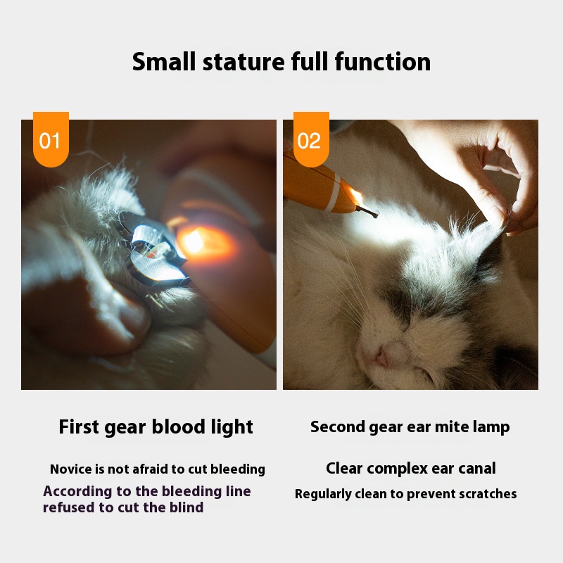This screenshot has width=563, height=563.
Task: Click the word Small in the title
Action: tap(164, 61)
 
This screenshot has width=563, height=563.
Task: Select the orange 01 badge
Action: tap(51, 139)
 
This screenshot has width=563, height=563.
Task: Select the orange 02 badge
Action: tap(311, 139)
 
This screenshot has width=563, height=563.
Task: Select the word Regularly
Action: tap(323, 495)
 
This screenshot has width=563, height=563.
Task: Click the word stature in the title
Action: tap(243, 62)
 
